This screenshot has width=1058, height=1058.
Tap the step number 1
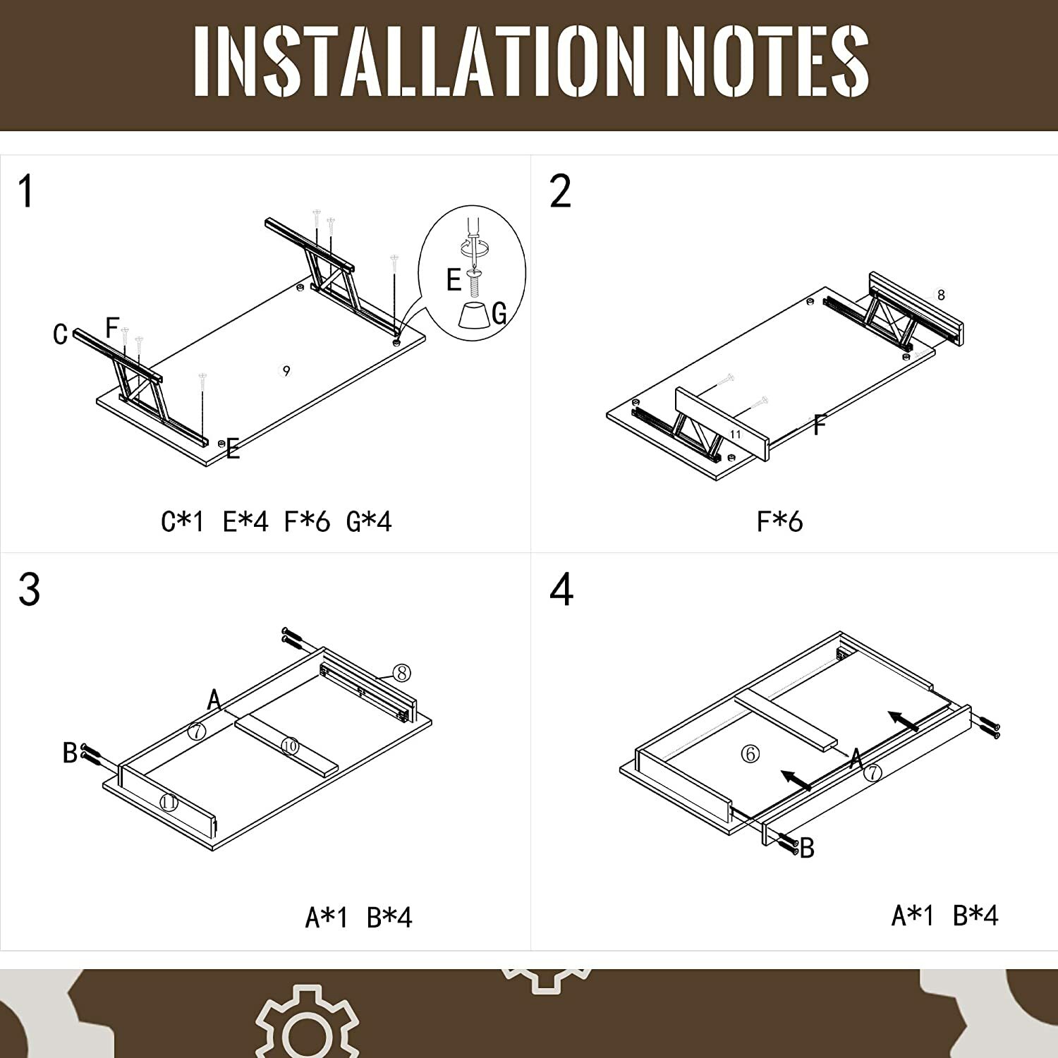[26, 192]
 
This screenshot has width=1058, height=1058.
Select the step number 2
[561, 191]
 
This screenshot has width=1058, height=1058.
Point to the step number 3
[29, 590]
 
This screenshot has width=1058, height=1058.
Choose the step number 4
[561, 590]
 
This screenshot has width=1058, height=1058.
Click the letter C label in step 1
[61, 334]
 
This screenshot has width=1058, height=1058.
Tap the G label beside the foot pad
[499, 312]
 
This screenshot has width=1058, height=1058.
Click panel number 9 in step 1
[286, 370]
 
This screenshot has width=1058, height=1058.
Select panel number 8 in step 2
[941, 295]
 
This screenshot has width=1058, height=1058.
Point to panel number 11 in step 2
[736, 434]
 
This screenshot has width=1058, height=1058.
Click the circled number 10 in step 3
[290, 746]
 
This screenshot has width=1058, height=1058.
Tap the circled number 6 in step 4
[750, 754]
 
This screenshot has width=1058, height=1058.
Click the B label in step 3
[70, 753]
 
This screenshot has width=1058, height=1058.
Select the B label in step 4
[808, 848]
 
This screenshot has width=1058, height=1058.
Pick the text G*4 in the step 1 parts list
[369, 522]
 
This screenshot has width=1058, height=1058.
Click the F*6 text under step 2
[779, 522]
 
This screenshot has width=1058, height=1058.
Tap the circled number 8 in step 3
[402, 673]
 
